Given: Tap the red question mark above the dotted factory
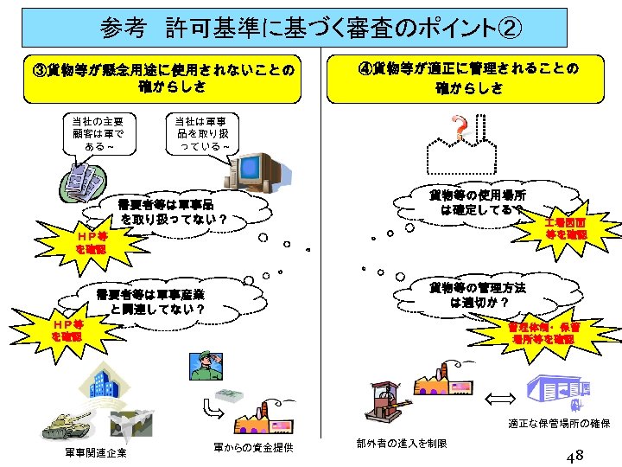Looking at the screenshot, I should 462,130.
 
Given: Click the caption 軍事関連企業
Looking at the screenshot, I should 95,453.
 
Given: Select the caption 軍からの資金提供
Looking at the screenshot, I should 253,447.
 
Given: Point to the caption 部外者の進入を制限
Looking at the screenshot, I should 402,444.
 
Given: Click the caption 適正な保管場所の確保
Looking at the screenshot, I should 560,425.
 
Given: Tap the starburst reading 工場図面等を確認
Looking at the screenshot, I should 565,228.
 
